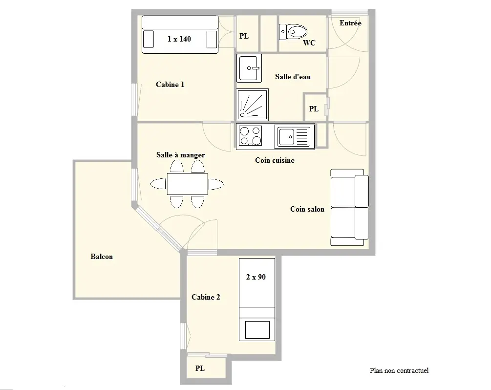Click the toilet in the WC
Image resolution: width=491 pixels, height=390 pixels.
point(293,32)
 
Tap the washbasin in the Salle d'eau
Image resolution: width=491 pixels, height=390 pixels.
point(249,68)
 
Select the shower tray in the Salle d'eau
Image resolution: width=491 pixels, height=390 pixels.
point(253,105)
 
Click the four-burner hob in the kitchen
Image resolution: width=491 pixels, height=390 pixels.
point(250,136)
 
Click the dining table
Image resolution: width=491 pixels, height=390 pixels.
point(187,184)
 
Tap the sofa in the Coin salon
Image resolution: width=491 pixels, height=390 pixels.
point(349,207)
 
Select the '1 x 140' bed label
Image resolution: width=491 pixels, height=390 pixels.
point(179,39)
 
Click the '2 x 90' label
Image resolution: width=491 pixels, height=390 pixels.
point(256,277)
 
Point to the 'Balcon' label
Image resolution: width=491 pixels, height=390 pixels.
point(102,257)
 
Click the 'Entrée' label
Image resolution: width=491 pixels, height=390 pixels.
point(350,23)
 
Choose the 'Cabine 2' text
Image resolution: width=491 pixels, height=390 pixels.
point(206,297)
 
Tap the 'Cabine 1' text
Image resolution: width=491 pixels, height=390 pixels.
point(170,84)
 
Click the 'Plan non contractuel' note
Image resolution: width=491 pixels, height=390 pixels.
point(399,370)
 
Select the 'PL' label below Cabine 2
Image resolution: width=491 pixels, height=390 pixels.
point(200,368)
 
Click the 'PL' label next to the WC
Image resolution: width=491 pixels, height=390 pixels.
point(244,36)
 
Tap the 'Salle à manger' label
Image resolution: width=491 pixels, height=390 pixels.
point(180,155)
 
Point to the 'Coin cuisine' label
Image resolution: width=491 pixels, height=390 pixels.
point(275,160)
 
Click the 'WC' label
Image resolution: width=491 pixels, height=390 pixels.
point(309,43)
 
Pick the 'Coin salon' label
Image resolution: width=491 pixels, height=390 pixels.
point(307,209)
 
